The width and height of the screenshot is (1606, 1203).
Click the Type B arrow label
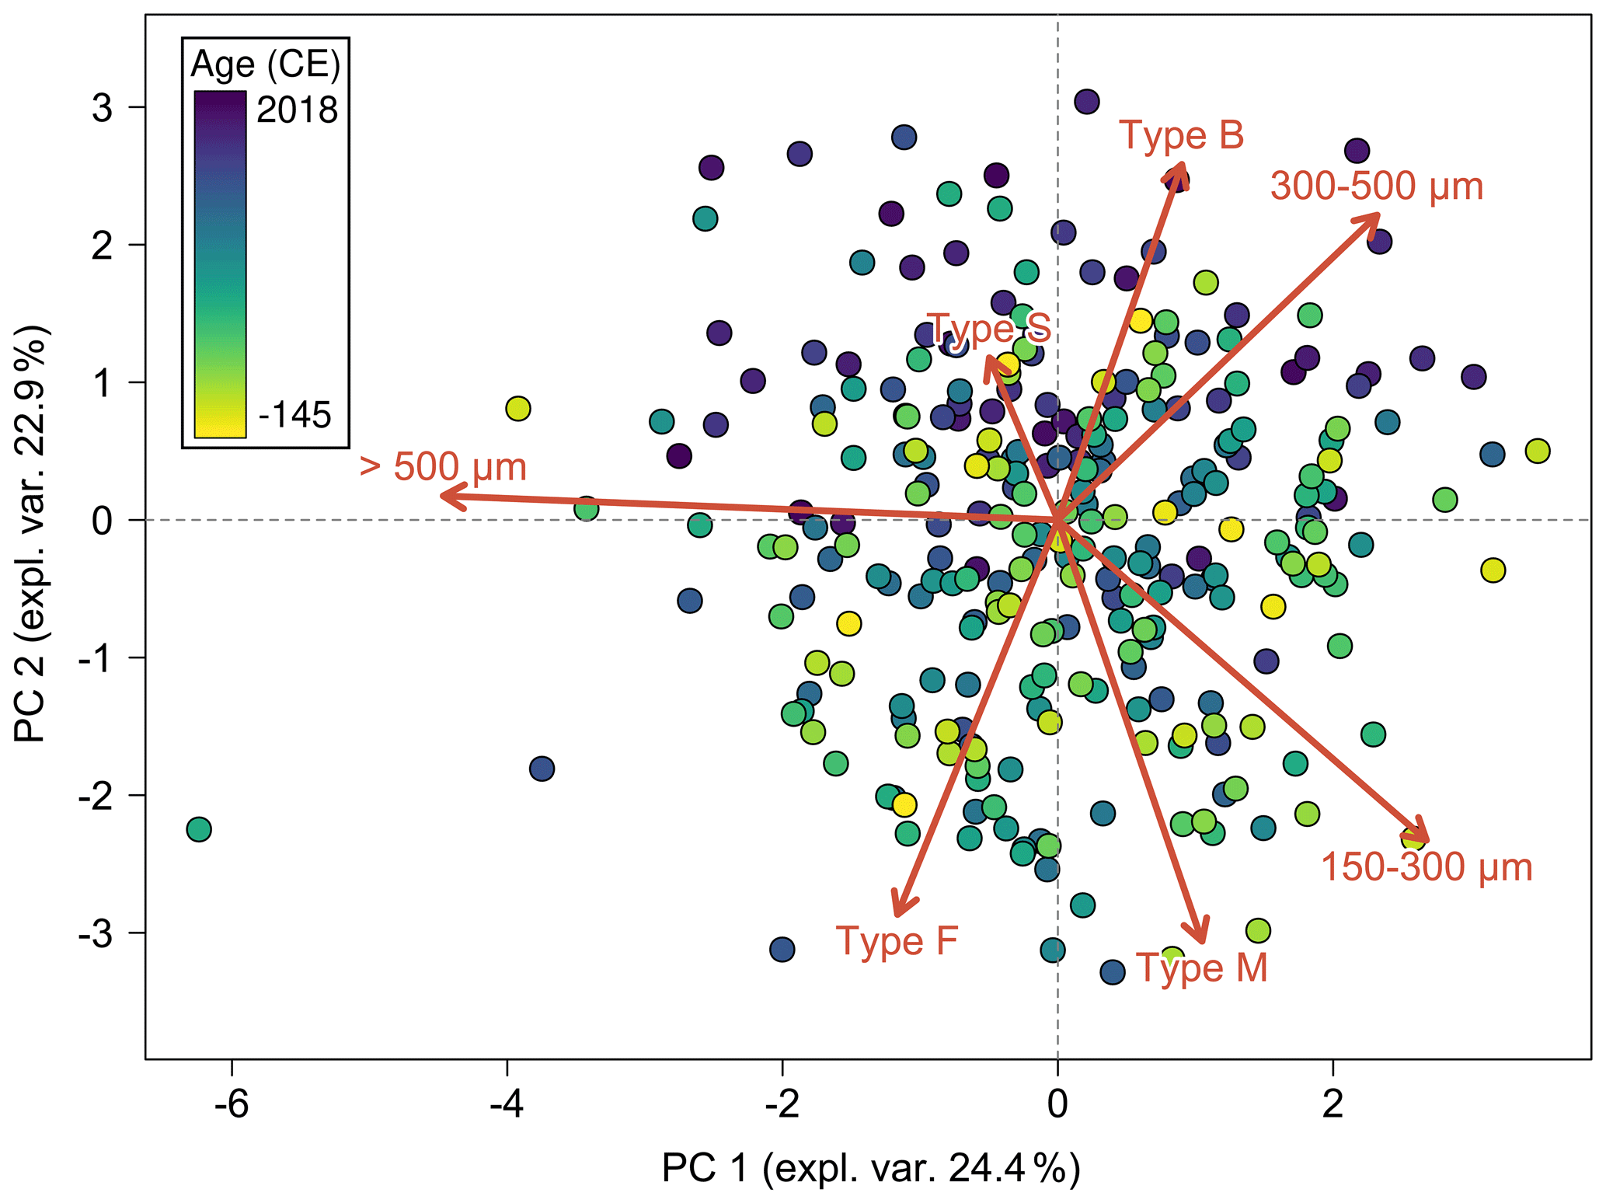click(x=1181, y=135)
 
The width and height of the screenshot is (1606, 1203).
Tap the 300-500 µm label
click(x=1377, y=187)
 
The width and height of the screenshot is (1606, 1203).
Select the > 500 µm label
click(x=443, y=468)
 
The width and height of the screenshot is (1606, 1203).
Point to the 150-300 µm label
click(x=1427, y=867)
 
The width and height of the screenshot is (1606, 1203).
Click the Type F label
click(x=897, y=940)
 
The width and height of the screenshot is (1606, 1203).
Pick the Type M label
click(x=1202, y=968)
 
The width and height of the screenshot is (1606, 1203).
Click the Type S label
click(x=988, y=328)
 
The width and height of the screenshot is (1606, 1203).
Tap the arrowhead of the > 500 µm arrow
click(x=443, y=495)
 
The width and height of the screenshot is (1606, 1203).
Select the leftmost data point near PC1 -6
click(x=199, y=829)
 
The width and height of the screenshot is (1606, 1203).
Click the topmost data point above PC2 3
click(x=1086, y=101)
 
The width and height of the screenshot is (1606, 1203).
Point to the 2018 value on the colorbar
click(x=297, y=110)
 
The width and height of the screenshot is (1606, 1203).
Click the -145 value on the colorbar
click(x=294, y=416)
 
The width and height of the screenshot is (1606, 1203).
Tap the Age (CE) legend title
click(x=265, y=65)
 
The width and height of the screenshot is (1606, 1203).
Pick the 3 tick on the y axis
click(x=102, y=107)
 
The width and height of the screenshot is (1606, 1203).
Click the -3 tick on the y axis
click(x=95, y=933)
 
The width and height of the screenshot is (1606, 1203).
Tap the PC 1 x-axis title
click(x=870, y=1168)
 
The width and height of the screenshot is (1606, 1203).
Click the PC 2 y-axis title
click(x=33, y=534)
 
